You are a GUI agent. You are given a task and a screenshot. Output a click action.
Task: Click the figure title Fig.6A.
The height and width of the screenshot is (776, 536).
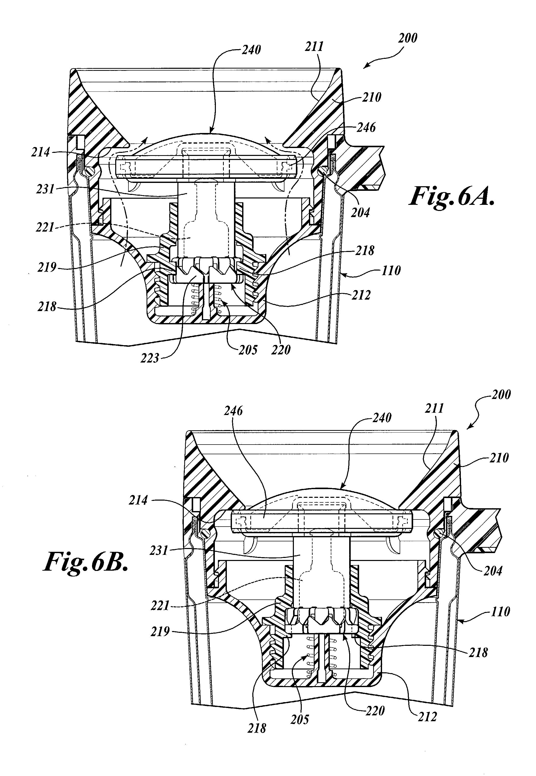tap(452, 197)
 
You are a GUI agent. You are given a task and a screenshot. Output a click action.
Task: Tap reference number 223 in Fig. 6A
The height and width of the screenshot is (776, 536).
tap(150, 358)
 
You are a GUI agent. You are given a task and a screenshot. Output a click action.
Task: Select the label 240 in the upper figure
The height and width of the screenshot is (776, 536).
tap(251, 50)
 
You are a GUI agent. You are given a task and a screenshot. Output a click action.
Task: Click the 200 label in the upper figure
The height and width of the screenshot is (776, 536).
tap(407, 38)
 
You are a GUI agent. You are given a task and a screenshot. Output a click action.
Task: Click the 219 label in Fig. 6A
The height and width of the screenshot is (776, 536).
tap(47, 267)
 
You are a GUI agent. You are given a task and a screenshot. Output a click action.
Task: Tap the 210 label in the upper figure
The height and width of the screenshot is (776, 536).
tap(372, 97)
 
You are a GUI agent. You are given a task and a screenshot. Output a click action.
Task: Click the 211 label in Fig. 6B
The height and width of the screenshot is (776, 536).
tap(435, 408)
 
